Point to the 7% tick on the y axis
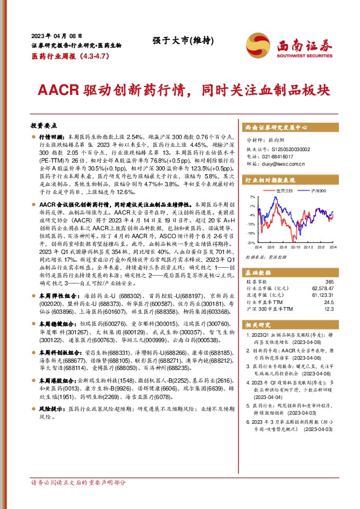tap(252, 198)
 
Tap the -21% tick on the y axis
tap(251, 242)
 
